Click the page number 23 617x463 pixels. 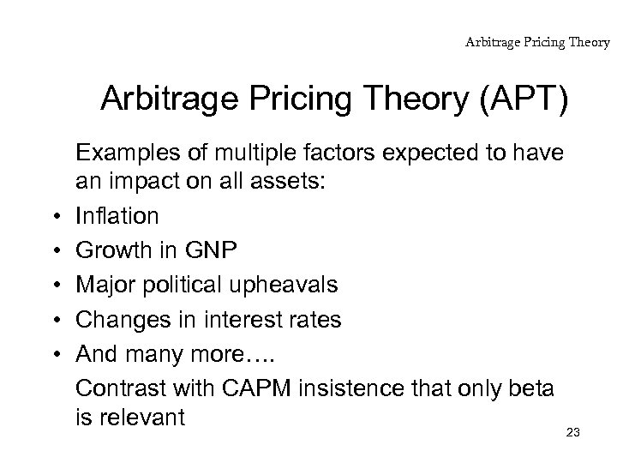click(573, 432)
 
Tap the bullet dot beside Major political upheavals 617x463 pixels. click(53, 284)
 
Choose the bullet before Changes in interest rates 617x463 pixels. click(53, 319)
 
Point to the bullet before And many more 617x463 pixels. click(53, 354)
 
